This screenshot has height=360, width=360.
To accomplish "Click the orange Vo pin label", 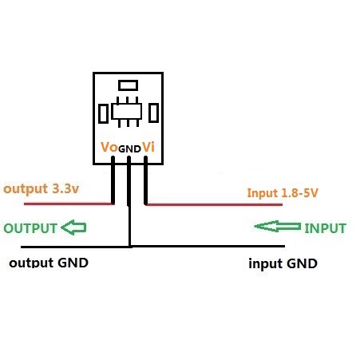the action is [x=109, y=147].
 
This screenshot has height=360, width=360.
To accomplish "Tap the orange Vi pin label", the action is [x=148, y=147].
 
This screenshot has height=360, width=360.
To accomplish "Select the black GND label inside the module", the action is [x=129, y=149].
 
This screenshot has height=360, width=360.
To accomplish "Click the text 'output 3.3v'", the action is [x=42, y=189].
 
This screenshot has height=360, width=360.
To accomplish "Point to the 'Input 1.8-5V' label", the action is [x=283, y=193].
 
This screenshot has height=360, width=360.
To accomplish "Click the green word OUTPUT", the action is [x=30, y=228].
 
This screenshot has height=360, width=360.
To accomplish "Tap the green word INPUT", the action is [x=325, y=228].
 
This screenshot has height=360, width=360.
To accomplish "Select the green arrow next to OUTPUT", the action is [x=73, y=227].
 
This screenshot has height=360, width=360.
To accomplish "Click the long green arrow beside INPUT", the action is [x=278, y=227].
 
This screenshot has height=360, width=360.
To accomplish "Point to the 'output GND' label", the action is [x=49, y=263].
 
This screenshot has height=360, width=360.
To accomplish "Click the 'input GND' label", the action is [x=283, y=263].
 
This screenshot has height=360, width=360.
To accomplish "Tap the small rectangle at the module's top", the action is [x=128, y=85].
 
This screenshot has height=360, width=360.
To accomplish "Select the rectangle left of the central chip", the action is [x=103, y=113].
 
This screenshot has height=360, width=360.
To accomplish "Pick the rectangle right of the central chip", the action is [x=153, y=113].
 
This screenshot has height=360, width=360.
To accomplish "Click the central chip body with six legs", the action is [x=127, y=112].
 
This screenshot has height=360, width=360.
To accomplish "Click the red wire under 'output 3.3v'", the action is [x=69, y=204].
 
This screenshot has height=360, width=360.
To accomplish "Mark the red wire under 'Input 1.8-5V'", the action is [x=214, y=204].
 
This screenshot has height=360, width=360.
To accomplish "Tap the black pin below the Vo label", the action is [x=113, y=180].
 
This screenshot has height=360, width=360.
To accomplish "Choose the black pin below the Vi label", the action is [x=145, y=180].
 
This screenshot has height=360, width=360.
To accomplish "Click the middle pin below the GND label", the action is [x=129, y=181].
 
